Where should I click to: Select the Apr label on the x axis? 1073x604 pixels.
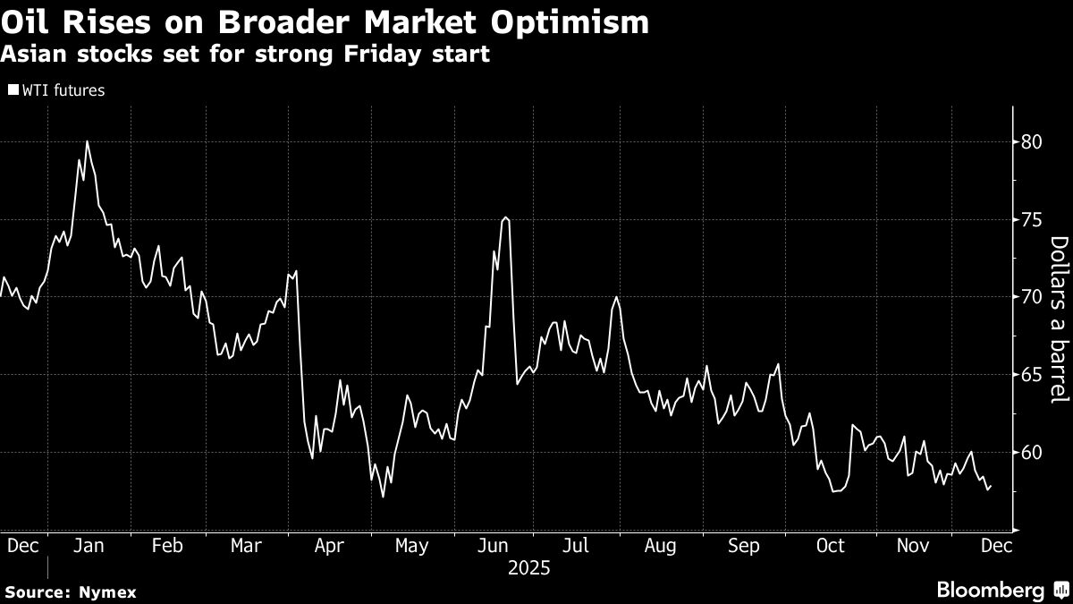tap(330, 546)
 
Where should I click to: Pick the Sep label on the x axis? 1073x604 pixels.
tap(744, 546)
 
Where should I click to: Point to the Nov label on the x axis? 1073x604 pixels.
tap(912, 546)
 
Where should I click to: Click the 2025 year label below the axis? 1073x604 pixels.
tap(528, 568)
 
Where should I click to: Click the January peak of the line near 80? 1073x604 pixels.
tap(87, 141)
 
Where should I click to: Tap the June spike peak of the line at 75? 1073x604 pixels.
tap(506, 217)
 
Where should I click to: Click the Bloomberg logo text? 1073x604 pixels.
tap(989, 591)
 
